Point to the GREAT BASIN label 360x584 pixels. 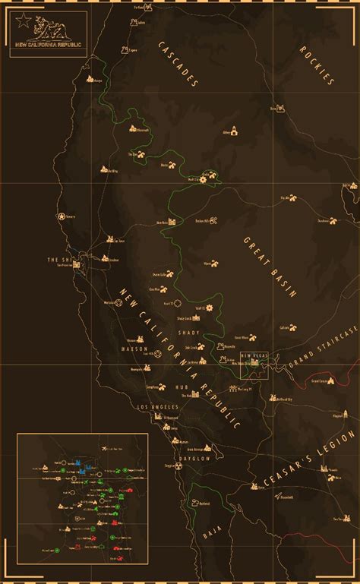click(270, 266)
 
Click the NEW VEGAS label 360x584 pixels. click(254, 355)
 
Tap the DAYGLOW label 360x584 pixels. click(200, 458)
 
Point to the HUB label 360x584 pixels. click(182, 387)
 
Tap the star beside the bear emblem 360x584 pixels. click(23, 21)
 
